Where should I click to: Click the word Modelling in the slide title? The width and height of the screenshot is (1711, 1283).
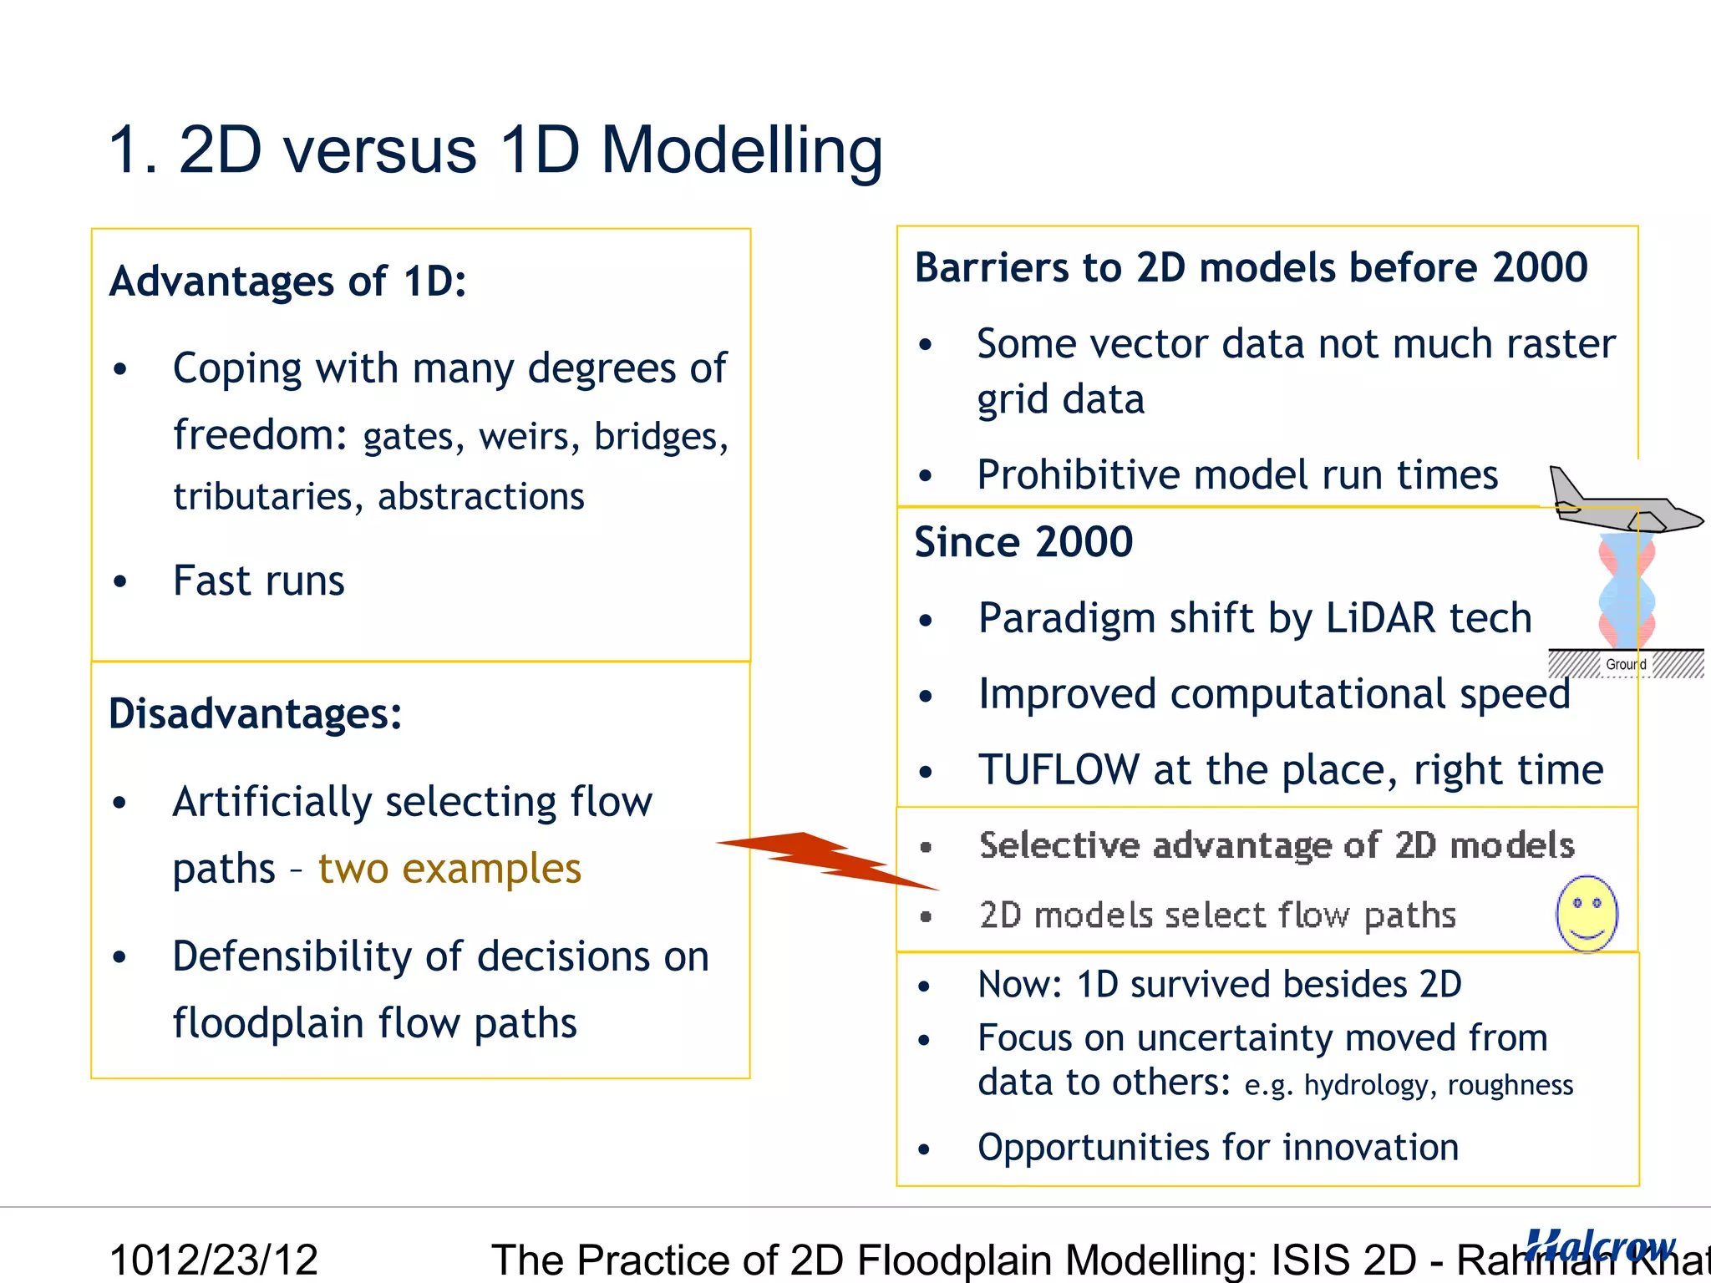point(741,151)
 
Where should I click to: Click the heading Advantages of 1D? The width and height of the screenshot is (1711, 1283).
point(287,281)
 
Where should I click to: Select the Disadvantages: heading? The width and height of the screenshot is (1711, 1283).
point(255,714)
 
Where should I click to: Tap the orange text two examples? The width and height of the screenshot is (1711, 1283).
point(449,869)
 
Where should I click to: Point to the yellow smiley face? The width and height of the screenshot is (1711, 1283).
point(1587,913)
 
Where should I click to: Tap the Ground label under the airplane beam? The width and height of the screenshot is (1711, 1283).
point(1626,664)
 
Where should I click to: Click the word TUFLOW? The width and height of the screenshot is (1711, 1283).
point(1059,770)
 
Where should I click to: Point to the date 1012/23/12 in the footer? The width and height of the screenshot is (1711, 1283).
point(214,1260)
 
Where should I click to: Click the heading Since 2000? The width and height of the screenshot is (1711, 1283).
point(1023,542)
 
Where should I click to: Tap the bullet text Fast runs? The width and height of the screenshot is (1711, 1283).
point(258,581)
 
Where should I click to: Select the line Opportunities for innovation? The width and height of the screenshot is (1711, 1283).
point(1218,1148)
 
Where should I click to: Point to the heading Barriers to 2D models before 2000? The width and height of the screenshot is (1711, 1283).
point(1251,268)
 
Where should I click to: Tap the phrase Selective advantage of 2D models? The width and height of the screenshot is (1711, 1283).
point(1277,845)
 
